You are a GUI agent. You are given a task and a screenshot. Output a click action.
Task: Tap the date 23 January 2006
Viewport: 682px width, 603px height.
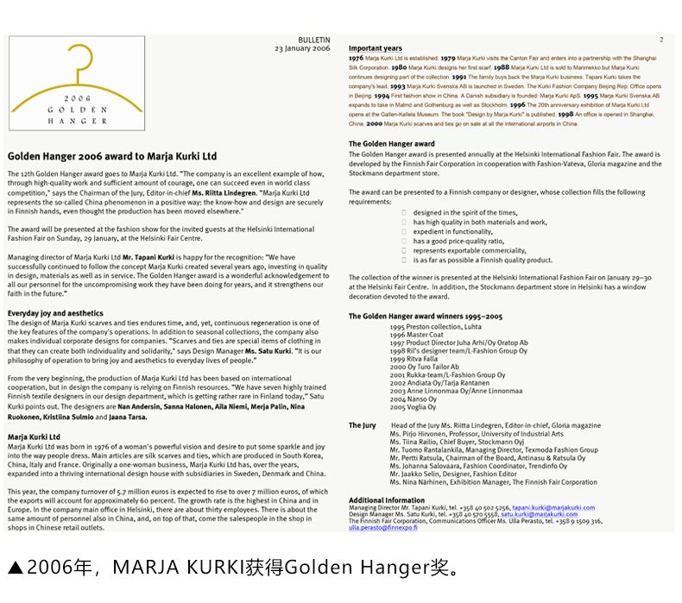[x=302, y=49]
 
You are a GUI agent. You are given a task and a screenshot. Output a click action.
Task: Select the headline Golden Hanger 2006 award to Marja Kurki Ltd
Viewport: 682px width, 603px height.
[x=112, y=157]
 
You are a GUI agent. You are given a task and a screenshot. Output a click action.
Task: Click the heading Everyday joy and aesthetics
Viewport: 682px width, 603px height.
[x=55, y=313]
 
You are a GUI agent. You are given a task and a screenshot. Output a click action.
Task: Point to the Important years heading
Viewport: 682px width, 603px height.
[x=376, y=48]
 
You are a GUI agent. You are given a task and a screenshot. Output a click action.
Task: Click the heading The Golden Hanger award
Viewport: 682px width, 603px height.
[x=391, y=144]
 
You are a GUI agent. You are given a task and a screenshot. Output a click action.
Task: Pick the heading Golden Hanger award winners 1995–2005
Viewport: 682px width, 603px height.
[x=426, y=317]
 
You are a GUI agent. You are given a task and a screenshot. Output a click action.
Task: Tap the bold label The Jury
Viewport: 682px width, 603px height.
[x=362, y=425]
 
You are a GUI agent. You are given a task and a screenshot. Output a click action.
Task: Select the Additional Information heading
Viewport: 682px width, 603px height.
[x=387, y=500]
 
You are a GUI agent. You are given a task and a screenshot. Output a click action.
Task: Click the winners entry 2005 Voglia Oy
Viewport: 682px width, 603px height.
[x=413, y=406]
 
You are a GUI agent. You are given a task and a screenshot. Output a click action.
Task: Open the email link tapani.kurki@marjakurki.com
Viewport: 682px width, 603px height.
[x=553, y=508]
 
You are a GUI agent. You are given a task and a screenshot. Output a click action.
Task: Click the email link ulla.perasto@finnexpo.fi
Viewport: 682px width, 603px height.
[x=382, y=527]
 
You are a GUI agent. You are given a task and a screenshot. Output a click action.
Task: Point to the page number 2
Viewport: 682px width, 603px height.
[x=661, y=40]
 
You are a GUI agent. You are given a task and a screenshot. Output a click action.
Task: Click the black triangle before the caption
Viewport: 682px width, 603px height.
[x=15, y=568]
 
